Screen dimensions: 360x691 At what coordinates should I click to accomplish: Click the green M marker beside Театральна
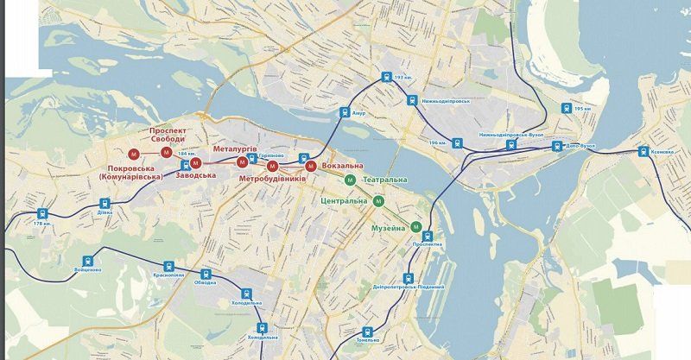click(350, 180)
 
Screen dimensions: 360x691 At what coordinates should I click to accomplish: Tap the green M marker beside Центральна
click(379, 201)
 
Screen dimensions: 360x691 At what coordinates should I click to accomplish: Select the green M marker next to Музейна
click(416, 227)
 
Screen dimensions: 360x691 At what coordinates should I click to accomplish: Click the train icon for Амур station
click(345, 111)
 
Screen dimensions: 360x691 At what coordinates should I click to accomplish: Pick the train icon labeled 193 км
click(385, 77)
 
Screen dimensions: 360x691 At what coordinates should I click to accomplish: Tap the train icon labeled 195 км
click(567, 109)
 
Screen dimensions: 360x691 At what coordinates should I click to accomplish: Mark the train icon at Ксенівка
click(643, 152)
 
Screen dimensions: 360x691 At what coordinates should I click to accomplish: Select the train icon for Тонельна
click(369, 331)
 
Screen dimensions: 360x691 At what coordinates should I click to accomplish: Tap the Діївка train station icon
click(104, 205)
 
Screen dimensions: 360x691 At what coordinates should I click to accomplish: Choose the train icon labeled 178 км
click(41, 213)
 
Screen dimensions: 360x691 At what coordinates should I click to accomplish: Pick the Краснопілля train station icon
click(169, 266)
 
